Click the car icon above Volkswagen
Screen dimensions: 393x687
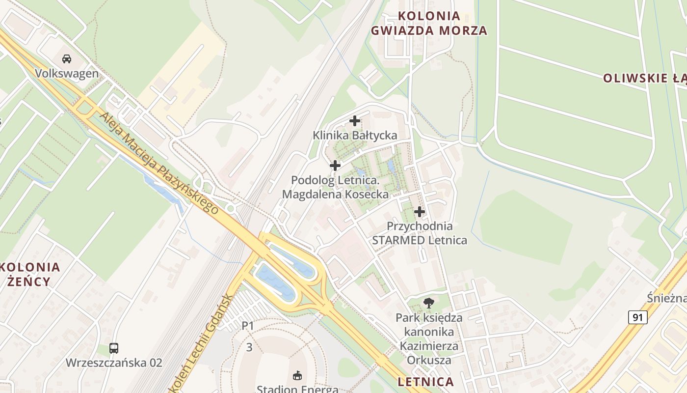[67, 59]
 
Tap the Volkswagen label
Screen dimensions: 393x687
[67, 74]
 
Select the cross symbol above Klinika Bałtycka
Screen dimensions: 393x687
[354, 120]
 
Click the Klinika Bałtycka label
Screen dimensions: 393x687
[355, 135]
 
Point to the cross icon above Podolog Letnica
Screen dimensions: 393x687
[335, 166]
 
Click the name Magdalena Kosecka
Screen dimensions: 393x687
[335, 195]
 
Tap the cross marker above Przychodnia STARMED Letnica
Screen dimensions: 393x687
[420, 212]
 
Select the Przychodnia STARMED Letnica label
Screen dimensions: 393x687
[420, 233]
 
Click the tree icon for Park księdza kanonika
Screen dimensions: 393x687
[429, 303]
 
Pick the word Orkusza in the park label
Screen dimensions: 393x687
[429, 360]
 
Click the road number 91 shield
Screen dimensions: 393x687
[637, 317]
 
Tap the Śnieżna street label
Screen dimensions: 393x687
[666, 298]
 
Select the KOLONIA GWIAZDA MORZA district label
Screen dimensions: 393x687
[429, 23]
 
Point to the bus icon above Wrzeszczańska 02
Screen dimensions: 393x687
[114, 348]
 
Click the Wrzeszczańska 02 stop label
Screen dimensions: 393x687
[114, 363]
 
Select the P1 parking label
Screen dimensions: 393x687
[248, 326]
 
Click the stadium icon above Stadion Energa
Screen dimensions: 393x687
[297, 376]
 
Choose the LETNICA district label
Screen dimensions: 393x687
[425, 382]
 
